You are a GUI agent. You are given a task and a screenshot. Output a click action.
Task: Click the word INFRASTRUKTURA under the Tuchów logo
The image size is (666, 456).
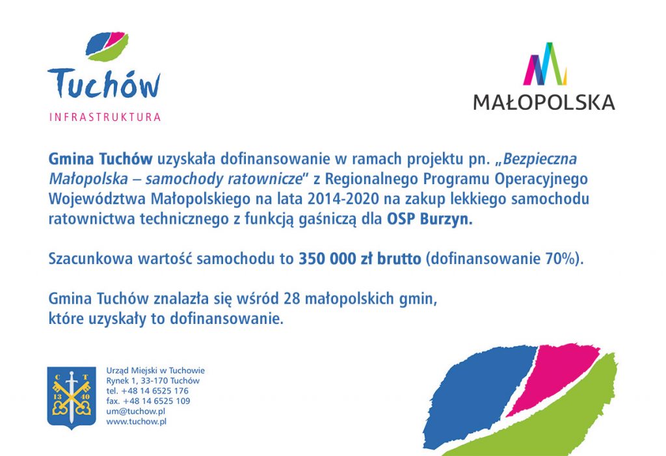(x=105, y=117)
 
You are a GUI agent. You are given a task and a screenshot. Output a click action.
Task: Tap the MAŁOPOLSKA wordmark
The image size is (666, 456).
(x=544, y=102)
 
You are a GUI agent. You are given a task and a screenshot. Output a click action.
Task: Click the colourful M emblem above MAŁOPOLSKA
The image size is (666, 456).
(x=545, y=64)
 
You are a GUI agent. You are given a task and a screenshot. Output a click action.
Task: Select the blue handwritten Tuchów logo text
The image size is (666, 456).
(x=104, y=84)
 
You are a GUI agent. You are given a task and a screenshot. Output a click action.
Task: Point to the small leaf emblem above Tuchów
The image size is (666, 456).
(x=107, y=46)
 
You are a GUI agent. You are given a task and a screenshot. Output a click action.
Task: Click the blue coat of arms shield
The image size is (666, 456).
(x=72, y=397)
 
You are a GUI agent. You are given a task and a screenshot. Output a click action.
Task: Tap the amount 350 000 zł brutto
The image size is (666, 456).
(x=360, y=258)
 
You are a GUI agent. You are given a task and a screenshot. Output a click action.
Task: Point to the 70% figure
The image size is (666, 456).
(x=560, y=258)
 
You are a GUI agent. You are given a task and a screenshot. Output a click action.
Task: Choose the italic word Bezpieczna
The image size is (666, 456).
(x=540, y=159)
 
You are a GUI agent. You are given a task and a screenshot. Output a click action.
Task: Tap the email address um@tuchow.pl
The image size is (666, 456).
(x=135, y=411)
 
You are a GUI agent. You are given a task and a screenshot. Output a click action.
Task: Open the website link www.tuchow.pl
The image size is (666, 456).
(x=136, y=422)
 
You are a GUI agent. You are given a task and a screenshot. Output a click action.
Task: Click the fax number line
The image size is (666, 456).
(x=148, y=401)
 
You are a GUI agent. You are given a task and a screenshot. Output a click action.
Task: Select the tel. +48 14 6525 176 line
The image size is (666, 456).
(x=148, y=390)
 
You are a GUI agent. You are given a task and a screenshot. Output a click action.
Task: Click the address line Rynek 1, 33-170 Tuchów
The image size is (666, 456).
(x=153, y=381)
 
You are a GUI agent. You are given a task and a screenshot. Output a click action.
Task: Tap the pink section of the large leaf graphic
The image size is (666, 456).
(x=552, y=376)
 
